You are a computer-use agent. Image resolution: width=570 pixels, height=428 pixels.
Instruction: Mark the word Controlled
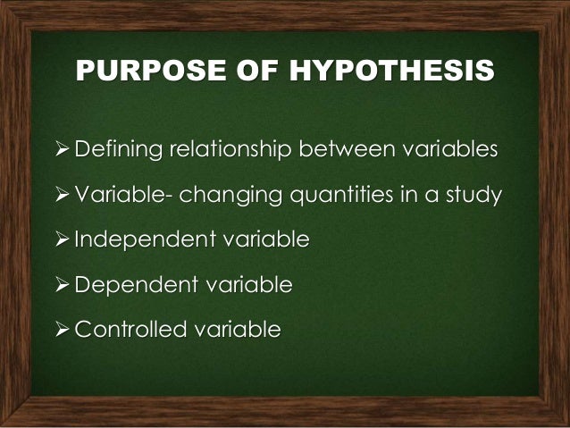coord(126,331)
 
